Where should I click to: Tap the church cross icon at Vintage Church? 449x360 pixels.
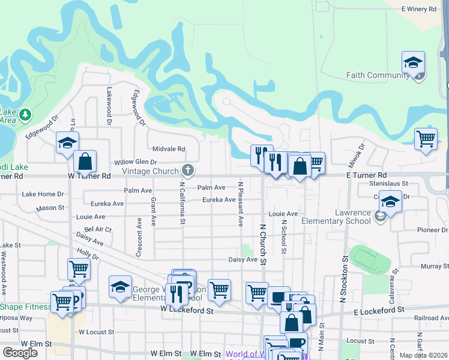point(188,170)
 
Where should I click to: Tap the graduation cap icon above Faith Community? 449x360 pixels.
point(413,63)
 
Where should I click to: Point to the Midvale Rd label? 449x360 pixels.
point(169,149)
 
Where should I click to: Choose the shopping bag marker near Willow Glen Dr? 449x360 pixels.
point(85,161)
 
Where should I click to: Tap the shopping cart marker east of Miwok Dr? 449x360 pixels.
point(426,139)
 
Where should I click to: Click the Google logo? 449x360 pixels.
point(20,353)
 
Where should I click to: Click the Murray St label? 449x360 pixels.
point(431,266)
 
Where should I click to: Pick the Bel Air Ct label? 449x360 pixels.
point(98,229)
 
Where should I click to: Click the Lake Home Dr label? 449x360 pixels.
point(43,194)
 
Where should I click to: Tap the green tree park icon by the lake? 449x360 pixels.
point(25,114)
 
